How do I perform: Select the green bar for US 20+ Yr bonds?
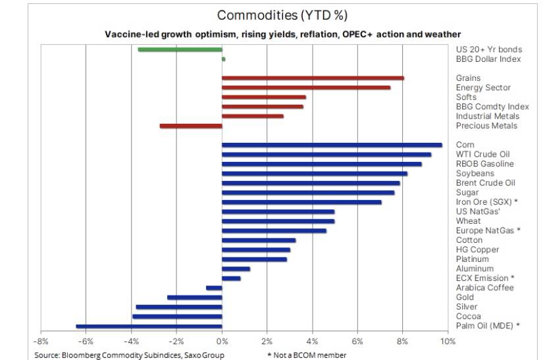pyautogui.click(x=180, y=49)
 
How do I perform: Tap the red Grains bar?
pyautogui.click(x=313, y=78)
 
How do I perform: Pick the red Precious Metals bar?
pyautogui.click(x=191, y=126)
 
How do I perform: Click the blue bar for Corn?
pyautogui.click(x=332, y=145)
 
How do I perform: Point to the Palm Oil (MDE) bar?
pyautogui.click(x=149, y=326)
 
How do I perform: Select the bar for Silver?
pyautogui.click(x=179, y=307)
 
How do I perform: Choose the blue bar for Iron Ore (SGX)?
pyautogui.click(x=301, y=202)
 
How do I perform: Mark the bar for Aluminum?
pyautogui.click(x=236, y=269)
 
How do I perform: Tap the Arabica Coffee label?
pyautogui.click(x=484, y=288)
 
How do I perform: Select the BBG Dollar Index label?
pyautogui.click(x=488, y=59)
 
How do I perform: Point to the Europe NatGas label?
pyautogui.click(x=488, y=230)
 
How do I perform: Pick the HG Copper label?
pyautogui.click(x=477, y=249)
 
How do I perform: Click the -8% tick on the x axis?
pyautogui.click(x=41, y=342)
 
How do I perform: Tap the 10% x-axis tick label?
pyautogui.click(x=448, y=342)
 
